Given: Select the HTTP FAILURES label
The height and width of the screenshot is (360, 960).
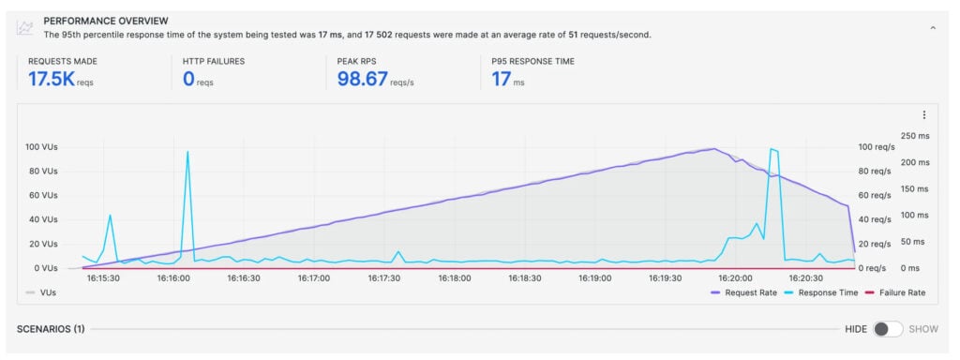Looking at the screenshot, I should pyautogui.click(x=215, y=61).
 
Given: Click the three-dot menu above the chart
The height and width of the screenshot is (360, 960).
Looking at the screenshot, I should pyautogui.click(x=924, y=115).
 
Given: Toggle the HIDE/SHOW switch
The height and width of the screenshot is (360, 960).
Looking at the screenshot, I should pyautogui.click(x=888, y=329).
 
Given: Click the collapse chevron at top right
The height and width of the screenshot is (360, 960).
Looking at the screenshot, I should pyautogui.click(x=933, y=28).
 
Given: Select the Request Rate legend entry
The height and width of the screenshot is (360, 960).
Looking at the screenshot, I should pyautogui.click(x=743, y=292).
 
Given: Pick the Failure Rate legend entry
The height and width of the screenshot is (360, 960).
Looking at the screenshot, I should pyautogui.click(x=894, y=292).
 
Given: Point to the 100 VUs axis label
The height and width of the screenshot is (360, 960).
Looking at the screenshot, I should pyautogui.click(x=41, y=147).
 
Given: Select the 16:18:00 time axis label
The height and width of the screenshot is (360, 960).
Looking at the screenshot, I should pyautogui.click(x=454, y=278).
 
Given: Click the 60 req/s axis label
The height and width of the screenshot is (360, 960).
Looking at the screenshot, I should pyautogui.click(x=874, y=196).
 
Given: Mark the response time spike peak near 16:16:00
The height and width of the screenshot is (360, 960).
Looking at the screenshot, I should pyautogui.click(x=187, y=152).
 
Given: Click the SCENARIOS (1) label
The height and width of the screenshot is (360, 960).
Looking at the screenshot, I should pyautogui.click(x=52, y=329).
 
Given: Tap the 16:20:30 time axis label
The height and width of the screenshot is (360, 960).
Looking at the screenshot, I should pyautogui.click(x=805, y=278).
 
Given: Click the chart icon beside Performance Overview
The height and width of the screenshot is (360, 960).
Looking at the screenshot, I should pyautogui.click(x=25, y=27).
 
